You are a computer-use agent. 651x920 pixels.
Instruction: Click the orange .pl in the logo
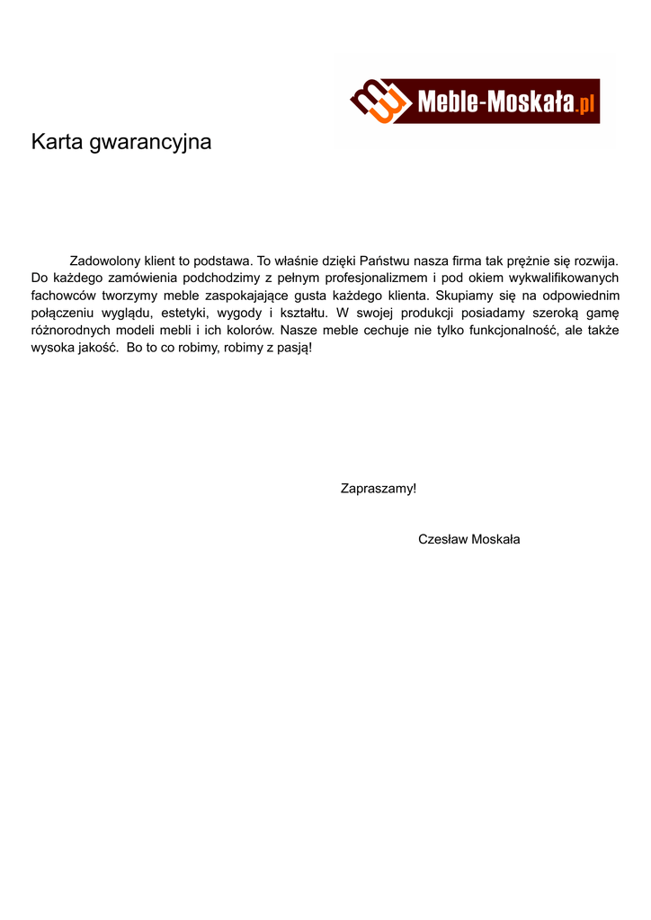(x=587, y=104)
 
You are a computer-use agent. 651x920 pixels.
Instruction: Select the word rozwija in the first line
(x=593, y=261)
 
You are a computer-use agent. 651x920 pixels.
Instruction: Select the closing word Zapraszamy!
(x=378, y=489)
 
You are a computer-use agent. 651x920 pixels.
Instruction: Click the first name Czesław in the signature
(x=441, y=539)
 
